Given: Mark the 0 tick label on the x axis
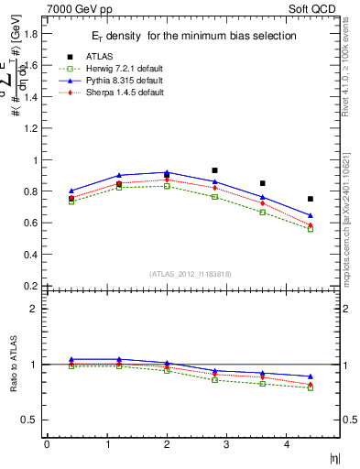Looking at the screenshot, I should coord(46,444).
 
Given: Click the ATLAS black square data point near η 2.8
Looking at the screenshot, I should coord(214,170).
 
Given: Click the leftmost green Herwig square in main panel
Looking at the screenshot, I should coord(71,201).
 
